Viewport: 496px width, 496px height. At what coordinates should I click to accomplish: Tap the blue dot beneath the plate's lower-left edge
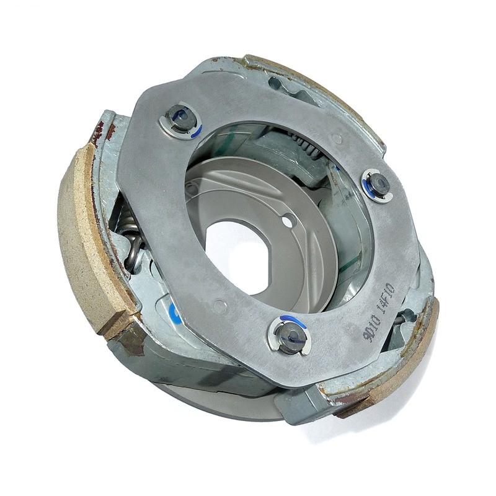(x=173, y=309)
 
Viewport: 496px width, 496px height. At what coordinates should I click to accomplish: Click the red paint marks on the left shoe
(x=103, y=130)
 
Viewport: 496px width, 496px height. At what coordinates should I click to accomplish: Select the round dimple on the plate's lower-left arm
(x=218, y=305)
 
